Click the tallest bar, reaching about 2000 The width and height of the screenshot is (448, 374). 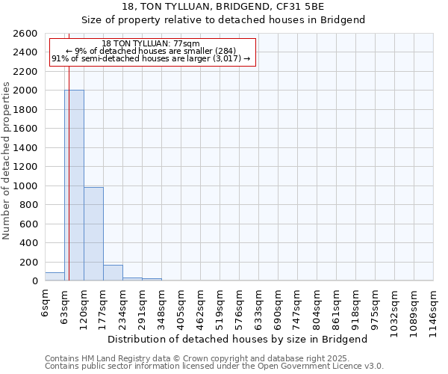pyautogui.click(x=74, y=186)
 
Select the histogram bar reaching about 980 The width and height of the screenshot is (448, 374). pyautogui.click(x=93, y=234)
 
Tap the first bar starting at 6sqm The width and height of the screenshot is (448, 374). pyautogui.click(x=55, y=277)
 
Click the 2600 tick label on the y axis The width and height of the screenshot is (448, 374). pyautogui.click(x=25, y=34)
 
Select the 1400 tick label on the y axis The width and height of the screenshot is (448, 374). pyautogui.click(x=25, y=148)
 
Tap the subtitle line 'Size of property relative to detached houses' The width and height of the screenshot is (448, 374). pyautogui.click(x=223, y=20)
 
